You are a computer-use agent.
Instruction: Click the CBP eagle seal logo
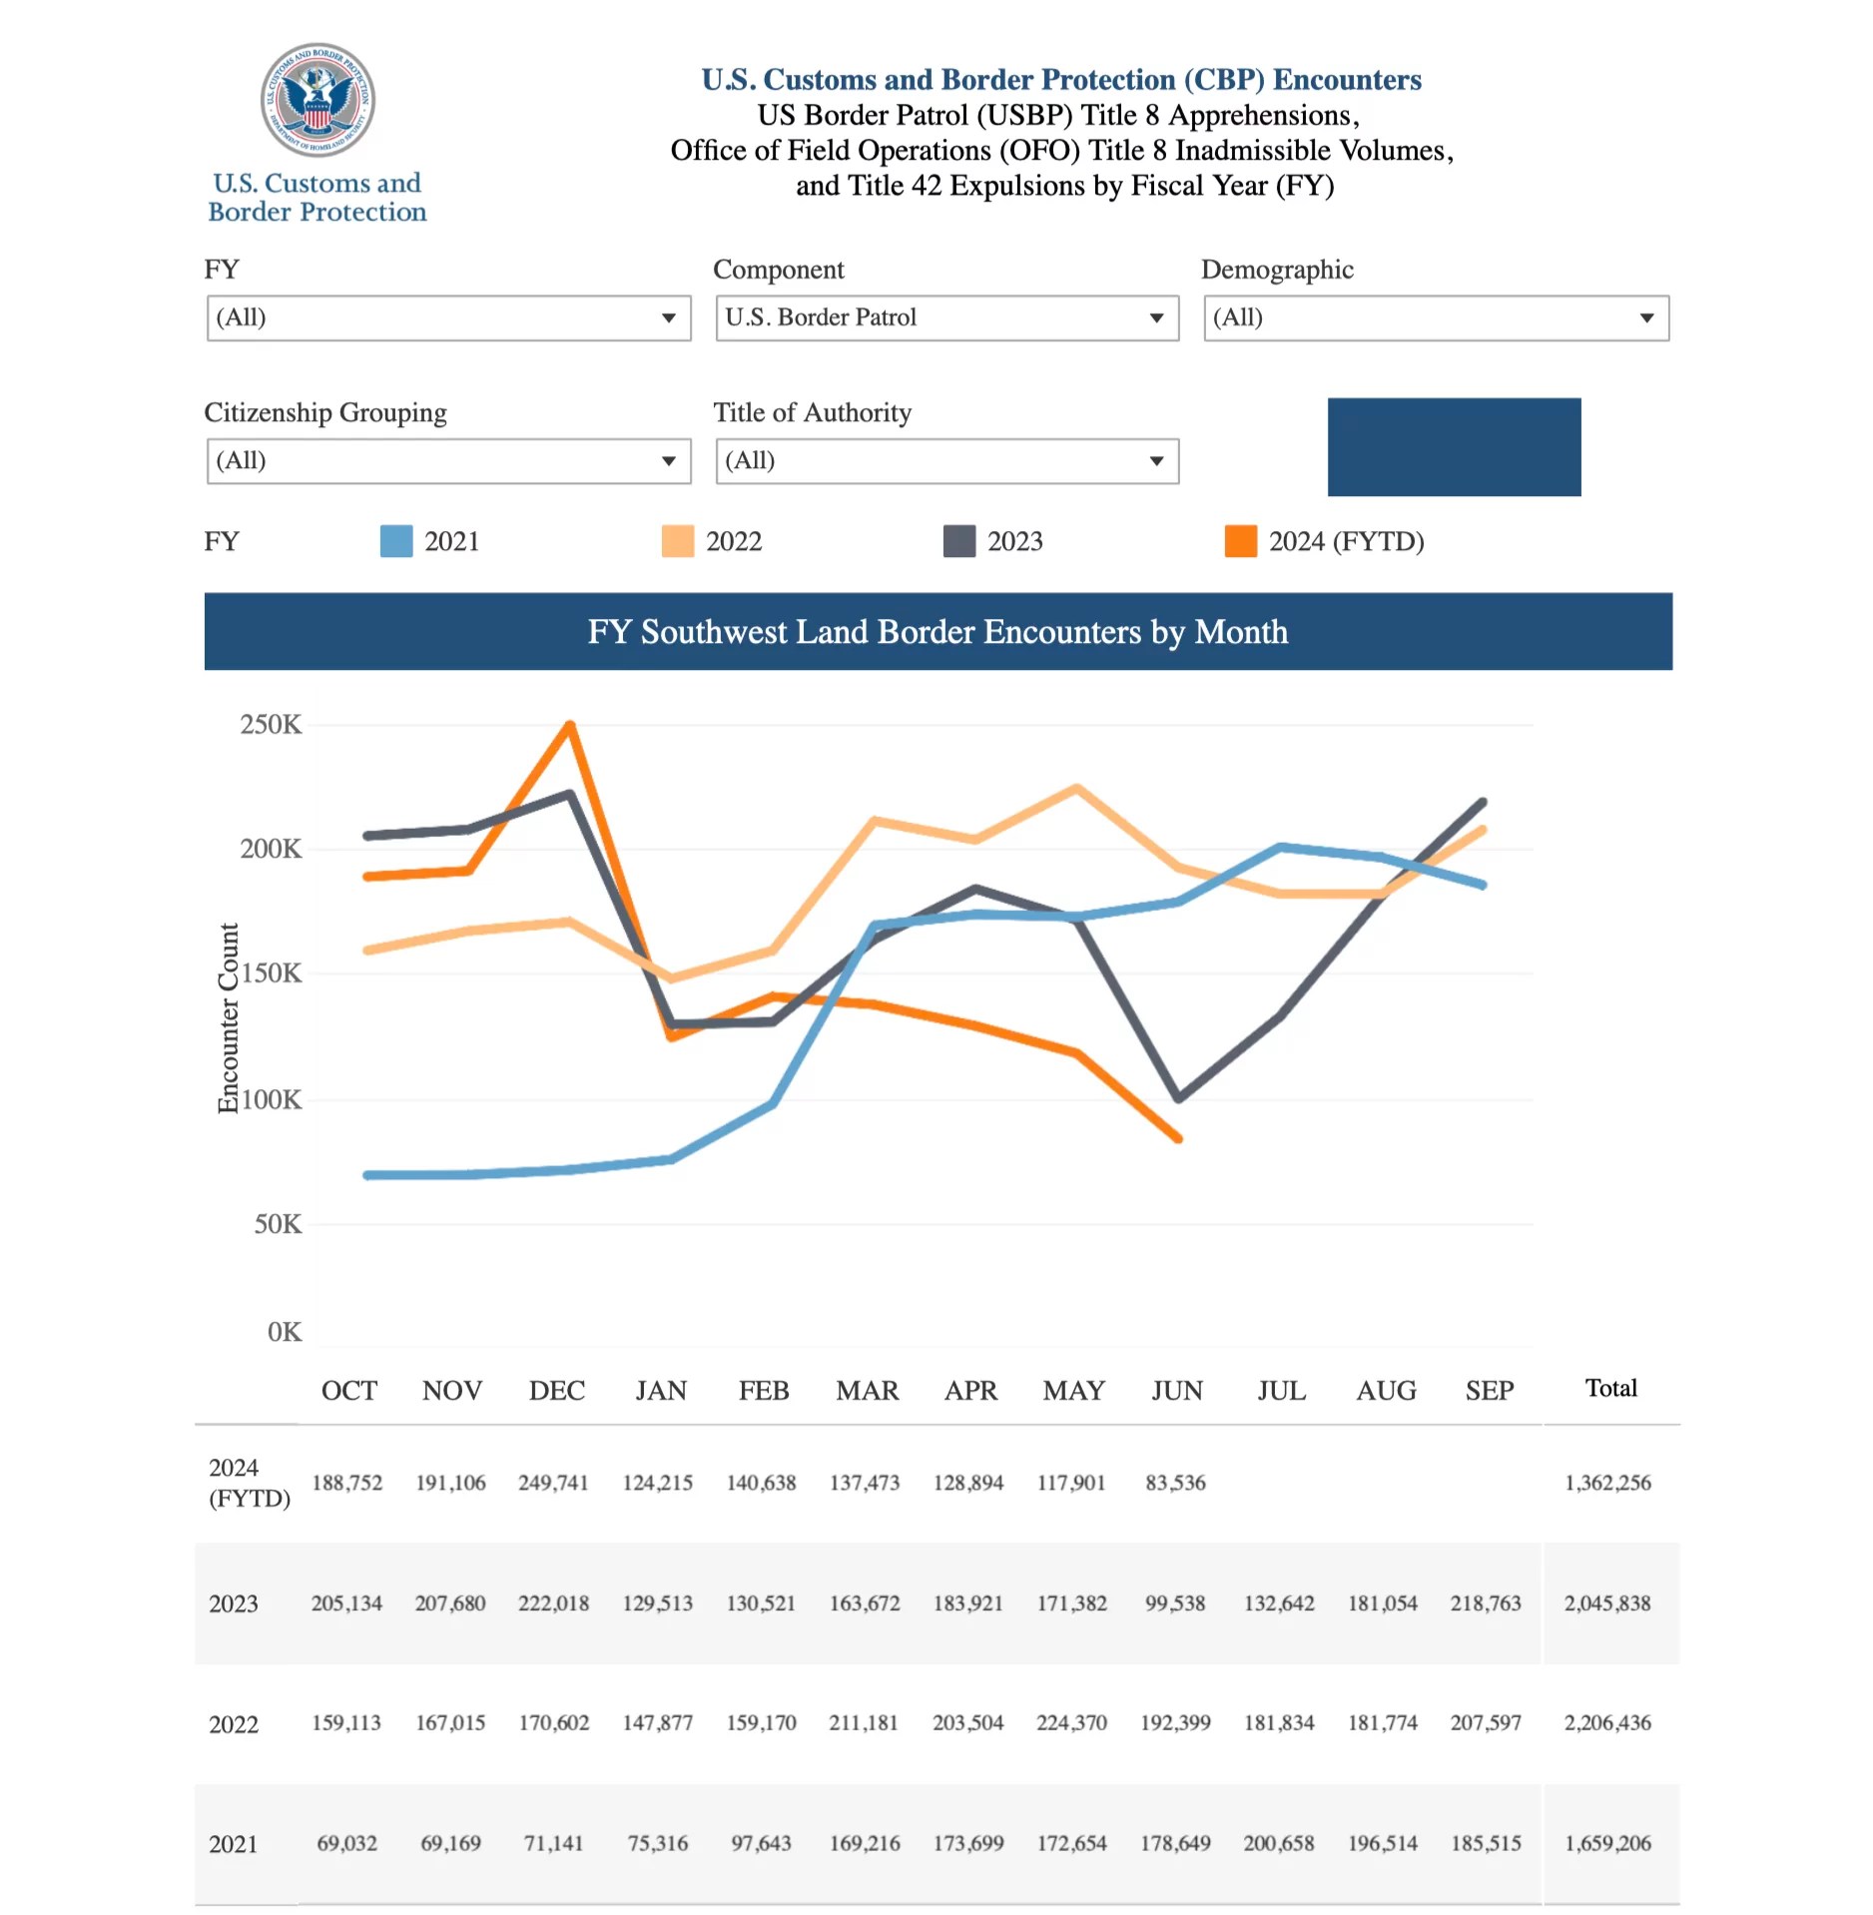[317, 100]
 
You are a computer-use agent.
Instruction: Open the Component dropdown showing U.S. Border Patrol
[946, 318]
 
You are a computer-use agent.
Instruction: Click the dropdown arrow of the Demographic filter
[1646, 318]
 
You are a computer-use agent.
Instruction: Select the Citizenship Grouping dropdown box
[448, 461]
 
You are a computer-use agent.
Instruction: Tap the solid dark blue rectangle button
[1454, 447]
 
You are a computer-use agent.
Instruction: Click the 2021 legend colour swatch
[396, 541]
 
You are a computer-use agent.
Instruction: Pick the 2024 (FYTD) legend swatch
[1240, 541]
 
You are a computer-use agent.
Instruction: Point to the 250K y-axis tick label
[271, 725]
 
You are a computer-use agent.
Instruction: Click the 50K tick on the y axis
[278, 1224]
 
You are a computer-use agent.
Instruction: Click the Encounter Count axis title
[229, 1017]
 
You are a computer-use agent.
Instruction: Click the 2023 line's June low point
[1179, 1097]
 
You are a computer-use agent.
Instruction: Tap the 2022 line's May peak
[1076, 788]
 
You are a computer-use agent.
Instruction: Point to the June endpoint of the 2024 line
[1179, 1137]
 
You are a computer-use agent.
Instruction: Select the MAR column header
[867, 1391]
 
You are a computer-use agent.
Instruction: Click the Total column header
[1610, 1389]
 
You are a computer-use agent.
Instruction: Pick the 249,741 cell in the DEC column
[553, 1483]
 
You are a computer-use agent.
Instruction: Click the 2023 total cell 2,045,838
[1606, 1603]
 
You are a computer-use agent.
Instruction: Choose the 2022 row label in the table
[234, 1724]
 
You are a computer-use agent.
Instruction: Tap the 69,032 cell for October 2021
[346, 1843]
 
